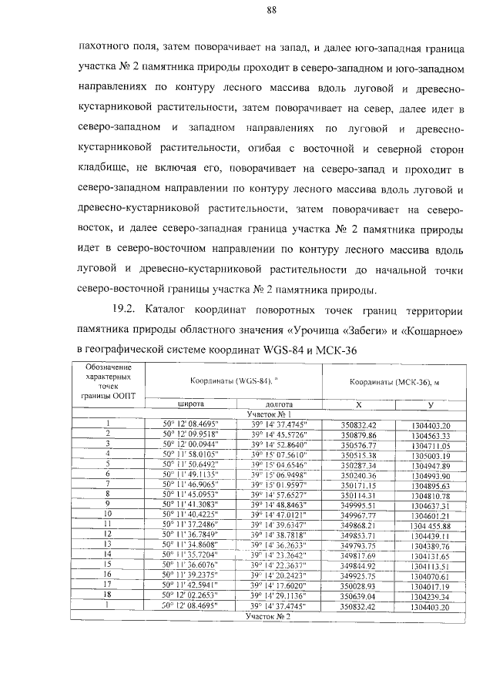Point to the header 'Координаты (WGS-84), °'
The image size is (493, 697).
233,381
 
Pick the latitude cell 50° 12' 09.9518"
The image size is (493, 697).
190,434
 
